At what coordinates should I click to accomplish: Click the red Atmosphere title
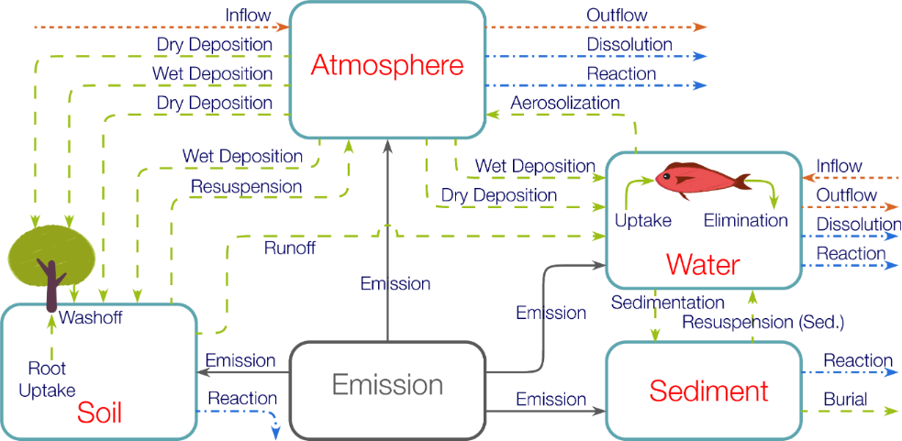click(386, 66)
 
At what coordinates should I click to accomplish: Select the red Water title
click(703, 264)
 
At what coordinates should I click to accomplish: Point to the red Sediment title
click(708, 391)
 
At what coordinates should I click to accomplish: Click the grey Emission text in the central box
click(387, 385)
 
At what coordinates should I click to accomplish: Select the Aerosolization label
click(565, 103)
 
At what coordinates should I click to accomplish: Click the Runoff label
click(289, 248)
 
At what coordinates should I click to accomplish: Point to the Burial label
click(845, 400)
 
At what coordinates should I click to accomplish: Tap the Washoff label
click(91, 318)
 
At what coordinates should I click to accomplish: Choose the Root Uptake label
click(46, 379)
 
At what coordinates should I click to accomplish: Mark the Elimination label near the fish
click(745, 220)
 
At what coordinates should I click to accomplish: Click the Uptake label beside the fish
click(643, 220)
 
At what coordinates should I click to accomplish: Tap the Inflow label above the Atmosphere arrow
click(249, 16)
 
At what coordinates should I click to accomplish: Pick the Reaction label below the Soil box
click(242, 398)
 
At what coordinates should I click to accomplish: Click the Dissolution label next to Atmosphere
click(629, 44)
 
